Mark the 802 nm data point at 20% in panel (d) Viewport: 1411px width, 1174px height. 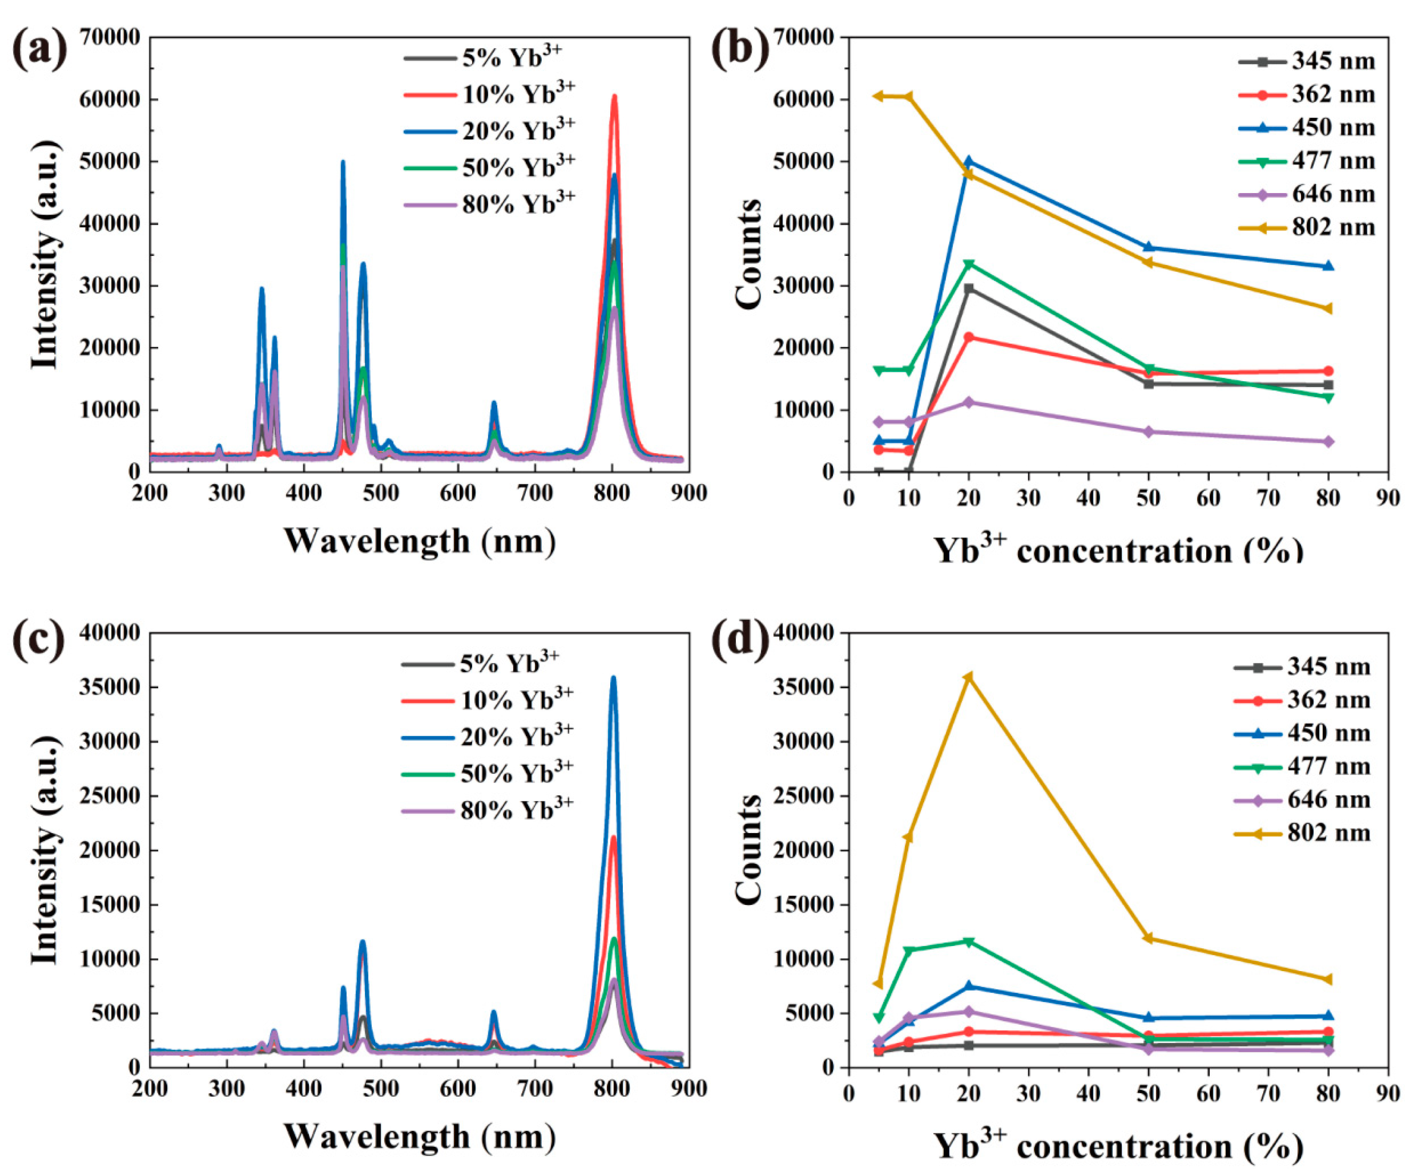[x=968, y=676]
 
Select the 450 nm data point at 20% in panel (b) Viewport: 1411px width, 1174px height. [x=968, y=161]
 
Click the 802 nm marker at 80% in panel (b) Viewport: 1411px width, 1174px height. [x=1328, y=308]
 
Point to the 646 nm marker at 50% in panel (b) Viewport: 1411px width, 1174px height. [x=1148, y=431]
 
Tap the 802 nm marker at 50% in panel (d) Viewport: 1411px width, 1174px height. [x=1148, y=938]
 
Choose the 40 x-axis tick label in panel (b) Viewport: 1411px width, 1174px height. [x=1088, y=498]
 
